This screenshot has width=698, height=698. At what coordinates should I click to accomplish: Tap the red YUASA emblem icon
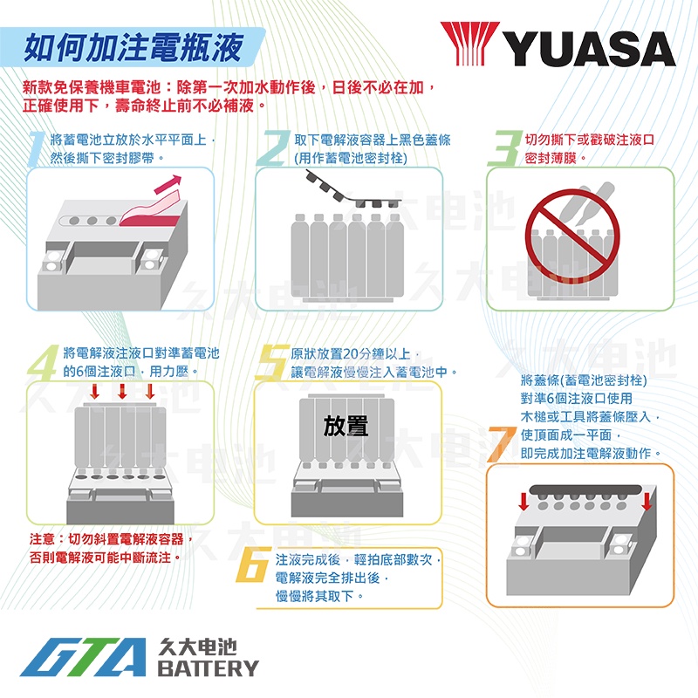point(470,43)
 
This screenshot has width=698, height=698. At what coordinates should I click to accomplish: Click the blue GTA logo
point(83,657)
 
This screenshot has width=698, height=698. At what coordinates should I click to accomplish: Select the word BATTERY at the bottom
point(208,668)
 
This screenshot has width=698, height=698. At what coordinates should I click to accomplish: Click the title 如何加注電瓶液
point(133,47)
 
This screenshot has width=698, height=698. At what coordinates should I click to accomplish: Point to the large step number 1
point(38,148)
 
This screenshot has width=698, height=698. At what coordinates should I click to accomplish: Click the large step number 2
point(273,148)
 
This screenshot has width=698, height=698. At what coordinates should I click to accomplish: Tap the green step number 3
point(505,148)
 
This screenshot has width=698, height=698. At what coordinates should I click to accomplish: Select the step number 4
point(43,362)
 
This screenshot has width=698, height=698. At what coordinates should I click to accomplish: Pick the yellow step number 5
point(272,362)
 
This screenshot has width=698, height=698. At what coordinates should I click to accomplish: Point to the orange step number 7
point(502,444)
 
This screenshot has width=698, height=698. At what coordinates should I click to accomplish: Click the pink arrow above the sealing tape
point(168,184)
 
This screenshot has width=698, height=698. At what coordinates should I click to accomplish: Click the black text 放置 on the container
point(346,426)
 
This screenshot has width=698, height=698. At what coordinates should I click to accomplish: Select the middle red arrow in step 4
point(122,391)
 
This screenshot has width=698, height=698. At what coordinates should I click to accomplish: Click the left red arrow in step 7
point(524,501)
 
